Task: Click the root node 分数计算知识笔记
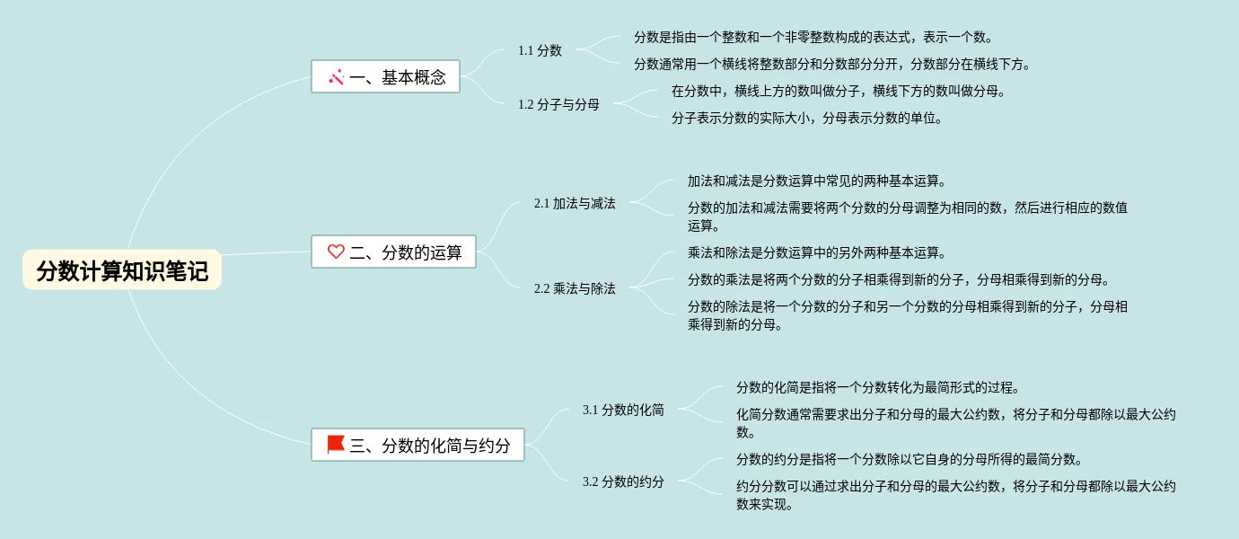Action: coord(122,270)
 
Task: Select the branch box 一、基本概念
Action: coord(386,77)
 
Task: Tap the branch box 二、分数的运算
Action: coord(394,252)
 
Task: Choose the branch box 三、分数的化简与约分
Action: coord(418,445)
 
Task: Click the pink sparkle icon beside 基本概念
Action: coord(337,77)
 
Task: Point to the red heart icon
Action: coord(336,252)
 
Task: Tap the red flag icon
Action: coord(336,444)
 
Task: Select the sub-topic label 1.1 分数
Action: coord(540,50)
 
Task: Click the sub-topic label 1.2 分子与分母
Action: coord(558,104)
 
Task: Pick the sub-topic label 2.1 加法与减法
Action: coord(575,203)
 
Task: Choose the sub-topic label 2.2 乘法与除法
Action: coord(575,288)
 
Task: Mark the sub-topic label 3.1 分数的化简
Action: coord(623,410)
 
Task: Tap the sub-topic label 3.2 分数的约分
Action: coord(623,482)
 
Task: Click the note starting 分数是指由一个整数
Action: coord(813,37)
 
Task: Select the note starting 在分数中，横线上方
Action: coord(839,91)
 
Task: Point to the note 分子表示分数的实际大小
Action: coord(806,118)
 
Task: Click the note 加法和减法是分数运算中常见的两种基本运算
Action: coord(816,181)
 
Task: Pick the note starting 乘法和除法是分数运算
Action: coord(816,252)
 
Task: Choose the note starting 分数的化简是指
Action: coord(877,387)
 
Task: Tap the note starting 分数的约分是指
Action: coord(909,459)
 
